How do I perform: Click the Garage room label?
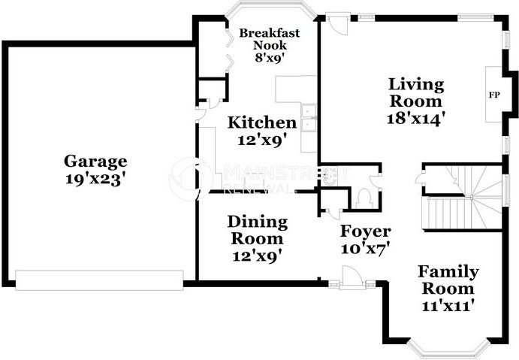pos(95,162)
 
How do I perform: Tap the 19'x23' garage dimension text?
pos(95,179)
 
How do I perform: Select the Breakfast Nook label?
pos(270,39)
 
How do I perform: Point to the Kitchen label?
pos(262,123)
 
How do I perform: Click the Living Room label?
pos(416,92)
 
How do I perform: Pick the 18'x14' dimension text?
pos(415,118)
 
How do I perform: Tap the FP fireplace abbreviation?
pos(494,95)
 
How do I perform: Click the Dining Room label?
pos(257,230)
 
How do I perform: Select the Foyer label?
pos(366,231)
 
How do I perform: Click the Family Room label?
pos(448,280)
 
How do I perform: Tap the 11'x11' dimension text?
pos(446,305)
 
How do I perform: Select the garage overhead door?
pos(99,280)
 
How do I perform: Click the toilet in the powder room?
pos(364,199)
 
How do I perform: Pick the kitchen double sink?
pos(309,118)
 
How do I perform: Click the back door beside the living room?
pos(336,23)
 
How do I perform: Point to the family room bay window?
pos(448,350)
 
